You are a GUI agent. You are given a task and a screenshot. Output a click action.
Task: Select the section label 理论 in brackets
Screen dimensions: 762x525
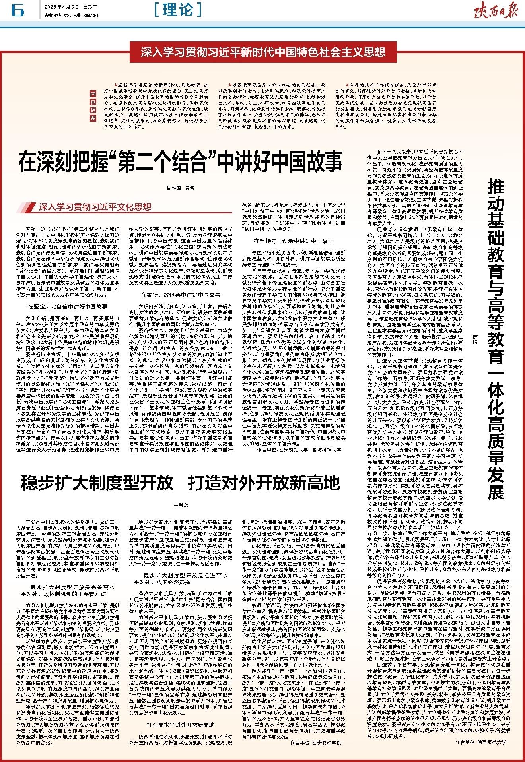click(178, 10)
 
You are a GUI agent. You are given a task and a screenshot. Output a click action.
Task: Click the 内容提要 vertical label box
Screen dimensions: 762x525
click(93, 107)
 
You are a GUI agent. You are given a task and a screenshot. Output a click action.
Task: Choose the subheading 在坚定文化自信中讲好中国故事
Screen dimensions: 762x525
click(68, 306)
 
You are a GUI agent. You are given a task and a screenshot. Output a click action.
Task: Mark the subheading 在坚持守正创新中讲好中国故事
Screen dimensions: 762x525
click(294, 241)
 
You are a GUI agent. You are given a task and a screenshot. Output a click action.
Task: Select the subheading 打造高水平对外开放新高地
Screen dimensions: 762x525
click(181, 714)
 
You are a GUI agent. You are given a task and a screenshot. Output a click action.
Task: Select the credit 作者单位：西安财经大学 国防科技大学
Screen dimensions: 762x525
click(299, 450)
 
